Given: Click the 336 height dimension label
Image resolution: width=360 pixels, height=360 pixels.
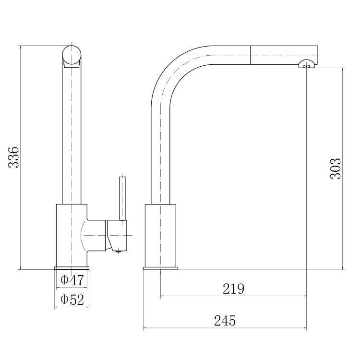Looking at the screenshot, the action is [x=13, y=157].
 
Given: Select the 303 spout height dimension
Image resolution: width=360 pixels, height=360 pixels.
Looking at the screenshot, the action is [x=336, y=168].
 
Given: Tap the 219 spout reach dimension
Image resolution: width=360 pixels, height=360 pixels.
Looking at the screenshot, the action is [x=233, y=288].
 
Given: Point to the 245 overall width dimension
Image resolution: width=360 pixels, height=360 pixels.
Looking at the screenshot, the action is [x=225, y=321].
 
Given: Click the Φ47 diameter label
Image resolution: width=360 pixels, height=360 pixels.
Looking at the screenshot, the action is [x=72, y=280].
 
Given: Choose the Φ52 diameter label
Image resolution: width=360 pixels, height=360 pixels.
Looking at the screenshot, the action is [x=72, y=300].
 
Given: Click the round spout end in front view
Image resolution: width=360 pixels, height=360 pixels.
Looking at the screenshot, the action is [x=72, y=55].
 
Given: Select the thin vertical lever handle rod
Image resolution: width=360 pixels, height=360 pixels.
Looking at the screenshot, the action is [x=122, y=198].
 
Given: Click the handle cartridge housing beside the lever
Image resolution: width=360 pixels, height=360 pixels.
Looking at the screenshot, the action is [x=117, y=235].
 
